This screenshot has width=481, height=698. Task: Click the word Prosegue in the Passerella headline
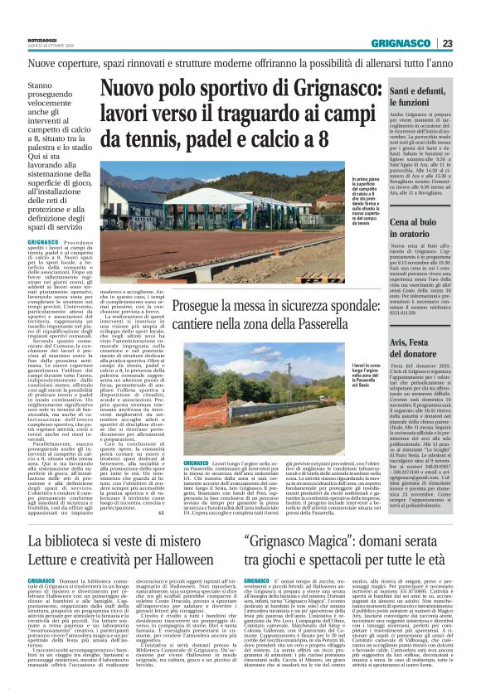217,306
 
